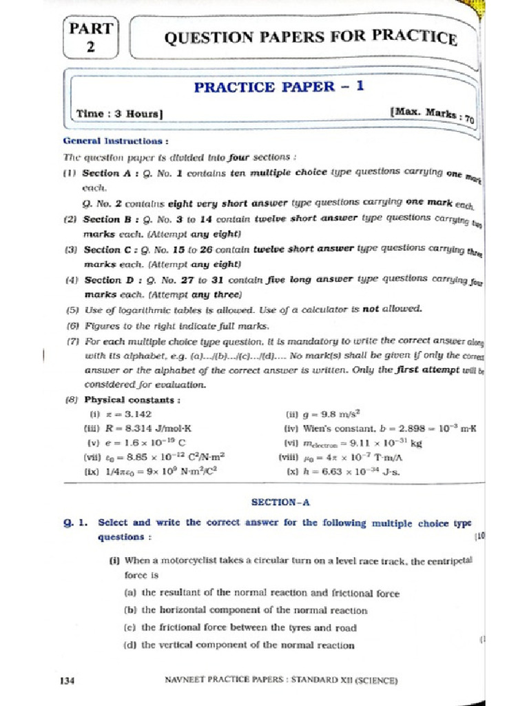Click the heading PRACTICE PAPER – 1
(273, 87)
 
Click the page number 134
(67, 680)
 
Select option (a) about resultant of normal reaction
(251, 593)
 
